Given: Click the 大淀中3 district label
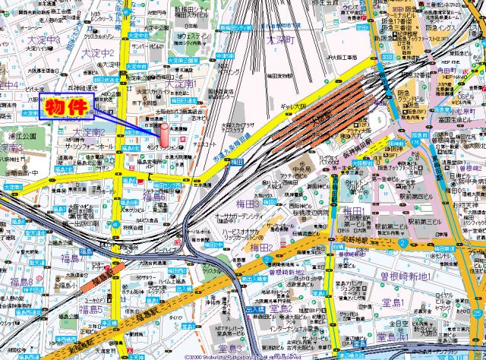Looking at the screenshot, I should tap(44, 38).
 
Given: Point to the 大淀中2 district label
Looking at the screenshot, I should tap(98, 53).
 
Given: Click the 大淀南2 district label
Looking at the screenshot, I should tap(89, 133).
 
